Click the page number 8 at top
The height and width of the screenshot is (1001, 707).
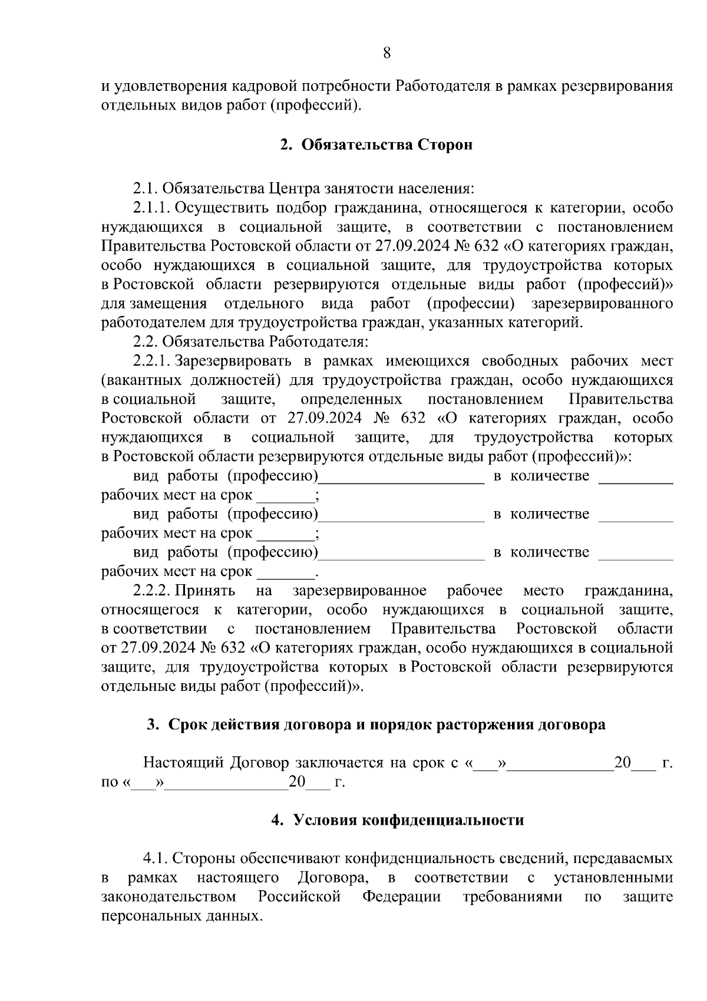point(386,53)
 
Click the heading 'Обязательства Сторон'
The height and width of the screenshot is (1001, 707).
point(386,145)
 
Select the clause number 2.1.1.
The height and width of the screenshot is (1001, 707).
point(151,208)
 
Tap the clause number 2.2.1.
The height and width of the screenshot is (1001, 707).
point(151,361)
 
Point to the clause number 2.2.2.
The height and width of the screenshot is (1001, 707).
point(151,591)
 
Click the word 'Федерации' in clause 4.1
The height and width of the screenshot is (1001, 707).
point(401,897)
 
